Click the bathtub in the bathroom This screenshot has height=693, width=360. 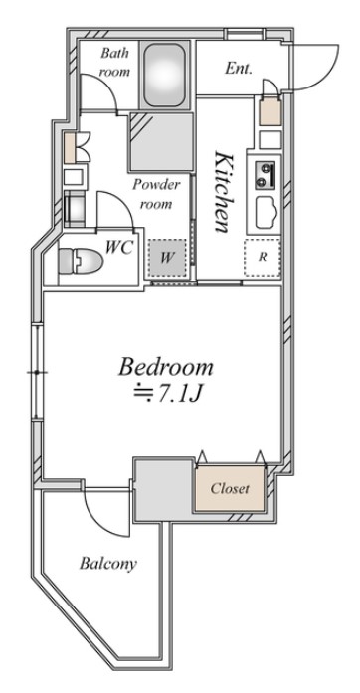[x=164, y=75]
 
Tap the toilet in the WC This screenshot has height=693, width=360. [x=80, y=261]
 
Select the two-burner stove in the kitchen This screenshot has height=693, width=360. [x=266, y=175]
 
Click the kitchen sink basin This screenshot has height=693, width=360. [x=266, y=213]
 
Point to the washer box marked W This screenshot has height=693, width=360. [x=167, y=259]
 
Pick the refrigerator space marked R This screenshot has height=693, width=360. [x=263, y=259]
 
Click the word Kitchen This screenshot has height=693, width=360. [x=223, y=191]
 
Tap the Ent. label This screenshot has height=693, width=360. [x=239, y=68]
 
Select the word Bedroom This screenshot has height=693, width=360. [x=166, y=367]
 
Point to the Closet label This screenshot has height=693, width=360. [x=230, y=488]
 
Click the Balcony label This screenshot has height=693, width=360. [x=108, y=564]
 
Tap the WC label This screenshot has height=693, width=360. [x=118, y=248]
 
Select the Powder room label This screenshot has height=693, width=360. [x=156, y=194]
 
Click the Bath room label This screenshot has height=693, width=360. [x=114, y=62]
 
